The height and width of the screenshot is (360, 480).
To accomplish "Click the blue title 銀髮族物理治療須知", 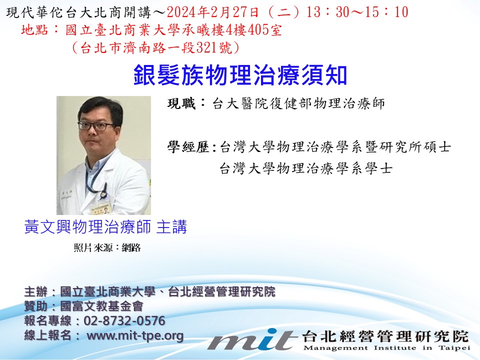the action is [240, 75].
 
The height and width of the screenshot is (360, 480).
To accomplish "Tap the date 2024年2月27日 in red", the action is [213, 12].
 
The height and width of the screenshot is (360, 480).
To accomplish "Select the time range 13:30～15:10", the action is [357, 12].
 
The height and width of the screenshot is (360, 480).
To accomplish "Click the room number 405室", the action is [264, 30].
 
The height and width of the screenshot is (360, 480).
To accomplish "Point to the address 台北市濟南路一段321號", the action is [155, 48].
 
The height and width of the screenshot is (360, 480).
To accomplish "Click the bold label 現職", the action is [181, 103].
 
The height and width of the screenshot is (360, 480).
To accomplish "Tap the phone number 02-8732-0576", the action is [124, 321].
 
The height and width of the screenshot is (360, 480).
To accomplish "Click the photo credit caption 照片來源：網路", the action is [107, 247].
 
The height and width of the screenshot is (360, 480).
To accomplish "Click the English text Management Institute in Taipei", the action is [386, 348].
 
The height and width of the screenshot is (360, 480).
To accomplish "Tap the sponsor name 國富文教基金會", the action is [101, 306].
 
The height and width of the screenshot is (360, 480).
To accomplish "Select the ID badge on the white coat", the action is [101, 209].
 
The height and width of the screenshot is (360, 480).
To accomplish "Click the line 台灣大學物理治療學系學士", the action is [306, 168].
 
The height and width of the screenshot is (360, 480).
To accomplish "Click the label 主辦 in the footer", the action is [36, 291].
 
